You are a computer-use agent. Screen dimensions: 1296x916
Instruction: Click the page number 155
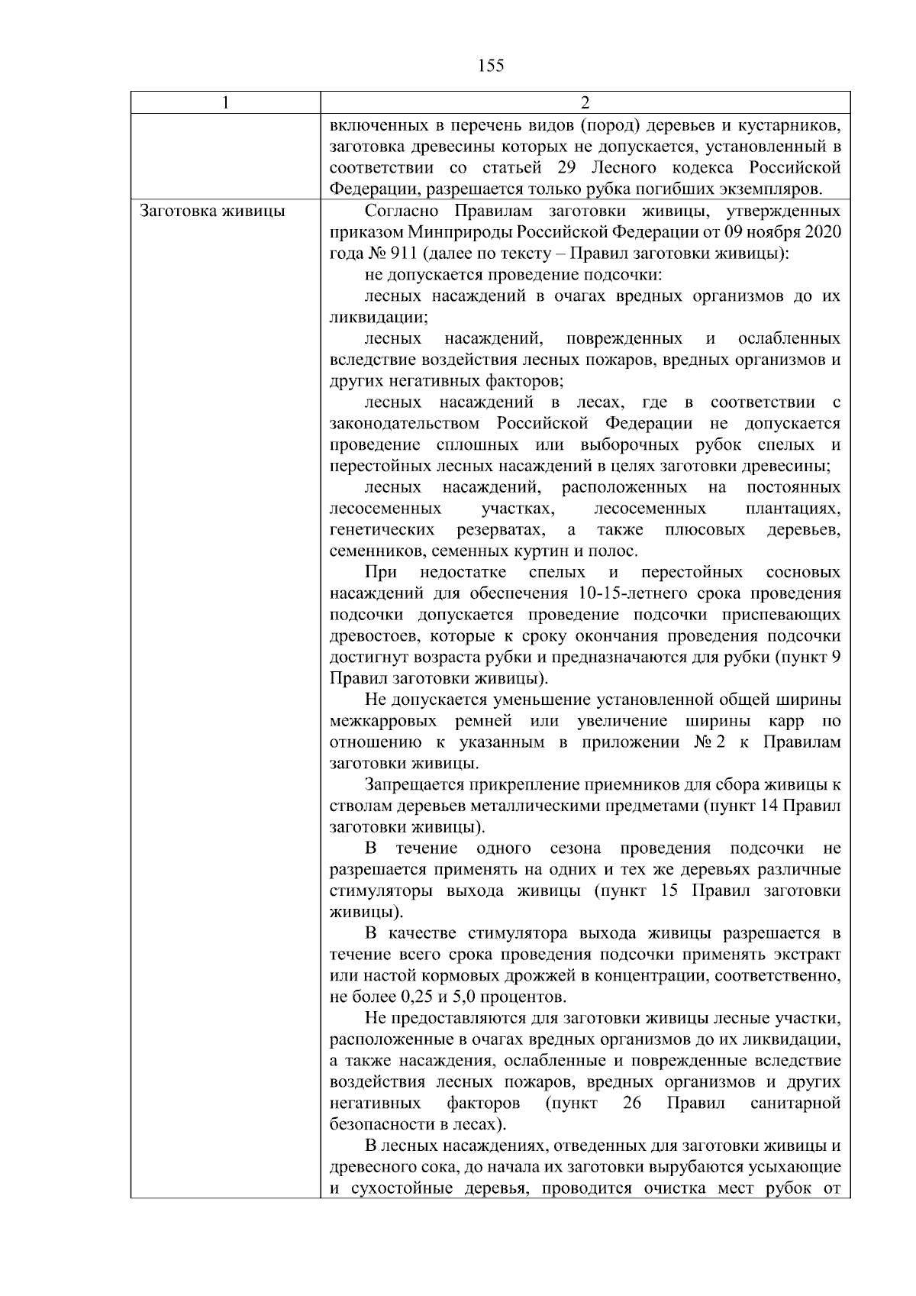[x=490, y=66]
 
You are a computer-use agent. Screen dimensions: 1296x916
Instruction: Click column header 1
[x=225, y=103]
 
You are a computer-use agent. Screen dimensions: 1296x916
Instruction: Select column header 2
[x=585, y=103]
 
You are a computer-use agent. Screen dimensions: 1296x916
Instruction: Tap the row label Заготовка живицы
[x=213, y=211]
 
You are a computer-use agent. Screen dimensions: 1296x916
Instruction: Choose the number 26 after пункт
[x=631, y=1104]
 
